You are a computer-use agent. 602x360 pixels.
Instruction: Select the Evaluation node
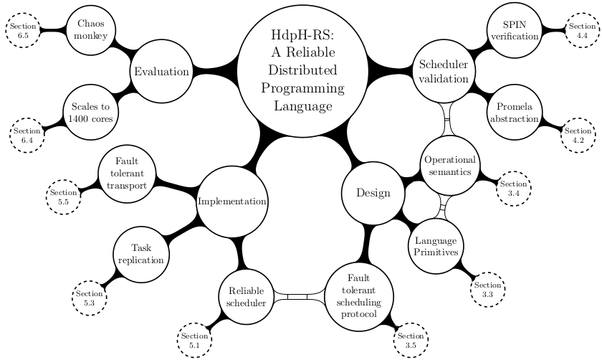click(x=161, y=72)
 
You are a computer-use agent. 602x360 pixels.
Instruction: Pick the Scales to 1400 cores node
click(x=91, y=113)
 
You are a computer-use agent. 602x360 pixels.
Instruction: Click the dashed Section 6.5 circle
click(x=23, y=30)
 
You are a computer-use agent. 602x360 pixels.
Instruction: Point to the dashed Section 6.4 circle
click(x=27, y=136)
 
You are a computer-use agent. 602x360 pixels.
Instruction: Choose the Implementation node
click(x=232, y=202)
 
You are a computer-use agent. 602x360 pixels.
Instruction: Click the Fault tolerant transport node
click(x=126, y=174)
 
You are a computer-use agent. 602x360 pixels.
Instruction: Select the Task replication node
click(x=140, y=254)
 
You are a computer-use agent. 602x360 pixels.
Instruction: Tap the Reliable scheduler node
click(x=246, y=297)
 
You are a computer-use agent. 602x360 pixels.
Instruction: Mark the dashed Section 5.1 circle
click(x=193, y=341)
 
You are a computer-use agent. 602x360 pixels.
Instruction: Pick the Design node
click(x=373, y=193)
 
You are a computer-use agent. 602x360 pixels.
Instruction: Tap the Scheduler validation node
click(x=443, y=72)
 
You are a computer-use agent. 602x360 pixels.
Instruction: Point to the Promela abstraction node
click(x=512, y=113)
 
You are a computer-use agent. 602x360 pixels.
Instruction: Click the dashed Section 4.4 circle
click(x=581, y=30)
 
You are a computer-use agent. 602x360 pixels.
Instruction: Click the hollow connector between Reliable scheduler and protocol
click(x=297, y=297)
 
